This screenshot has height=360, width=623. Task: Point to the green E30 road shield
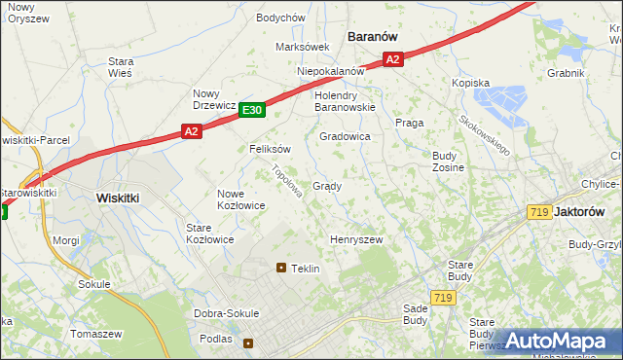tap(251, 111)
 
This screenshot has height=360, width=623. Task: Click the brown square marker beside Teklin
tap(281, 268)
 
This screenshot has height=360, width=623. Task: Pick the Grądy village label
tap(326, 186)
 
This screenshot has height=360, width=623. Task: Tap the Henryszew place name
tap(356, 239)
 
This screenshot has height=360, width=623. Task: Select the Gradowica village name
tap(346, 137)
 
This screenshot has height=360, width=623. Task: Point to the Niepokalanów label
tap(331, 72)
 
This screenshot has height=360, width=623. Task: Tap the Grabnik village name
tap(565, 73)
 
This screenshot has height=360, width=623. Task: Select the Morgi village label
tap(66, 239)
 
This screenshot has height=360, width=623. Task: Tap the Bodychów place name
tap(280, 18)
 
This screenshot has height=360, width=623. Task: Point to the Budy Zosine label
tap(448, 162)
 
